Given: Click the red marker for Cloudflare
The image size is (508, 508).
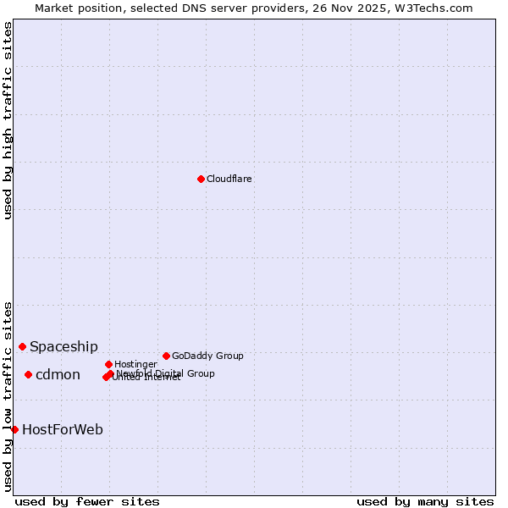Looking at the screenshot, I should [201, 179].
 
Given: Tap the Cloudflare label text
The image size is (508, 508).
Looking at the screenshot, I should [229, 179].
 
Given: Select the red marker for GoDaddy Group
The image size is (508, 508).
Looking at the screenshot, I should [166, 356].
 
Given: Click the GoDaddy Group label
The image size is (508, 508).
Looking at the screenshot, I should [207, 356].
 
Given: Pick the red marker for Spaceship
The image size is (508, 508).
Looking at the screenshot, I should [22, 346].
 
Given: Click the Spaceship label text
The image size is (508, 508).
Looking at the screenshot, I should [63, 346].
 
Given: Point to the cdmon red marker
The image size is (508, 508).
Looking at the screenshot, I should [28, 374].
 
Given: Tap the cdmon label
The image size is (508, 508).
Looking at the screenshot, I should [58, 375].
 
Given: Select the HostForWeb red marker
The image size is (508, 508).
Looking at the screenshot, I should [14, 429].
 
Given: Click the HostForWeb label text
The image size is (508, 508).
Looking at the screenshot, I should [63, 429].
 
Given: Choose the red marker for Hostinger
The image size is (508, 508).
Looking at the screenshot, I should [108, 364].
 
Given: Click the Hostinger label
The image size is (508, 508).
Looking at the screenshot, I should [135, 364].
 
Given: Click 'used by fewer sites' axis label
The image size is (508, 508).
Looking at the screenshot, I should [87, 501].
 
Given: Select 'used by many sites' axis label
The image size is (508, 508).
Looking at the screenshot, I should [425, 501].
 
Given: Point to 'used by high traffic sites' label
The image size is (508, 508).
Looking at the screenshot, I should [8, 120].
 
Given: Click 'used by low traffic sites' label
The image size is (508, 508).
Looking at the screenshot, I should [8, 396].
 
